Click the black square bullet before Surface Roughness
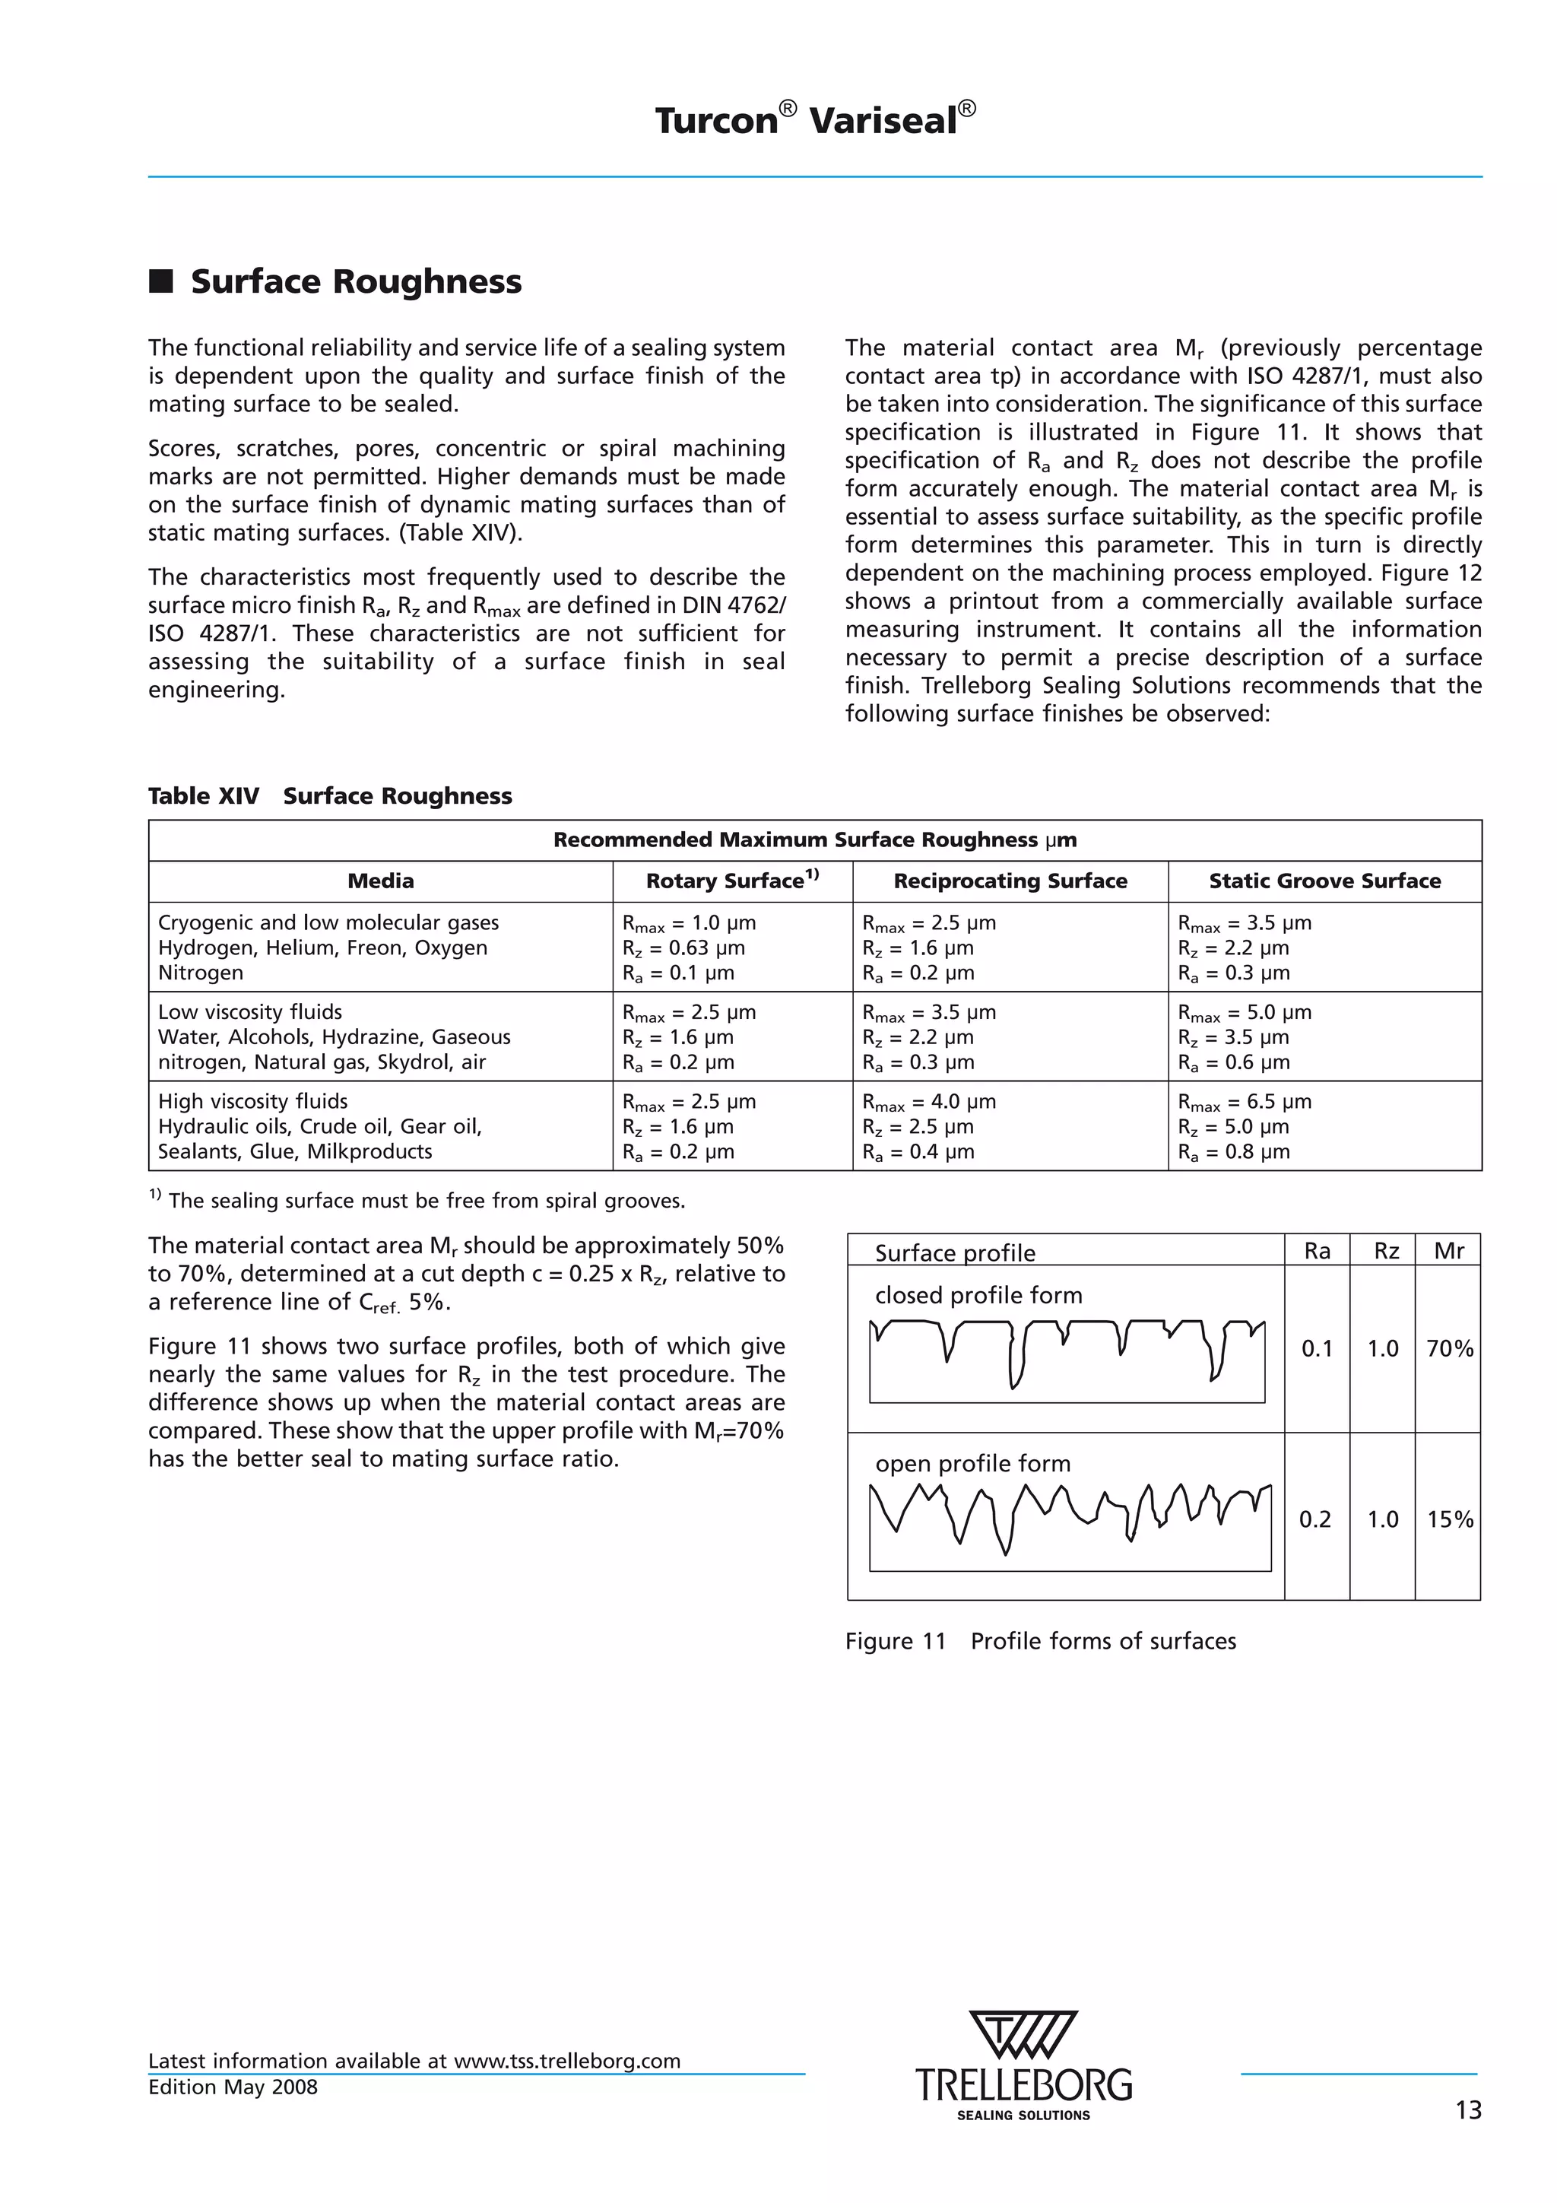point(161,281)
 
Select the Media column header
point(380,881)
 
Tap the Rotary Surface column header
point(732,881)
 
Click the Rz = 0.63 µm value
point(683,948)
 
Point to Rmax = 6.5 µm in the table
point(1245,1101)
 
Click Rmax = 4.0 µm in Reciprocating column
point(928,1101)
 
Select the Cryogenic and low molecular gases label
point(328,922)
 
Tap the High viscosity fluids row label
point(252,1101)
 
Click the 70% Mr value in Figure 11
point(1448,1348)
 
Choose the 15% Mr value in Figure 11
point(1448,1519)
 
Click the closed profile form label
point(978,1295)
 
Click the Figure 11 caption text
point(1040,1641)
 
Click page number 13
point(1468,2110)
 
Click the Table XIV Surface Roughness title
point(330,795)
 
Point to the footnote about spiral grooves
point(417,1200)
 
